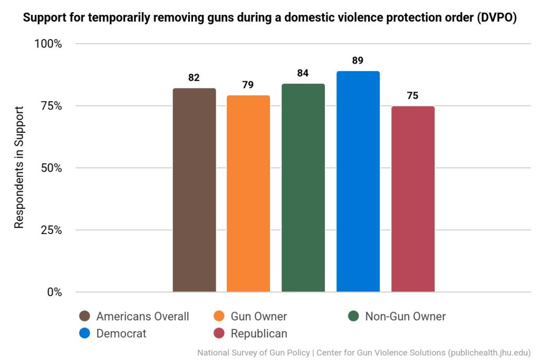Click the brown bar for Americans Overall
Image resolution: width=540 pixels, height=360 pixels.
click(x=194, y=190)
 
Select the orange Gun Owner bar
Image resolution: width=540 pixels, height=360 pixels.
click(x=248, y=193)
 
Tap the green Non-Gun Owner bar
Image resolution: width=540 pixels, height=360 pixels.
click(x=303, y=188)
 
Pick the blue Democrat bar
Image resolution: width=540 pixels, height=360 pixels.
click(x=358, y=181)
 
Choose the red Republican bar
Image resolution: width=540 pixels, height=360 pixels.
click(x=413, y=199)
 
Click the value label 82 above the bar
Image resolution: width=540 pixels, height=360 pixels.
click(x=194, y=77)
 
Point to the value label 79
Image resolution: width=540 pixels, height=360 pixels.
click(x=248, y=85)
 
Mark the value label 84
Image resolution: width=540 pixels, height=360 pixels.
click(x=303, y=73)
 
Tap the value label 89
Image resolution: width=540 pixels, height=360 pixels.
click(x=358, y=61)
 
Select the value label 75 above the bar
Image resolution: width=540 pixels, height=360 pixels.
click(x=412, y=95)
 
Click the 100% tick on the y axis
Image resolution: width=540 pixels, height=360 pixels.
click(x=48, y=44)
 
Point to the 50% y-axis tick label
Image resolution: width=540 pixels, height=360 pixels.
click(x=51, y=168)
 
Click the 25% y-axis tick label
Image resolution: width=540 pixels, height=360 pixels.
click(x=51, y=230)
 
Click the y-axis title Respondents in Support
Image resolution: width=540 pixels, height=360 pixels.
click(x=19, y=168)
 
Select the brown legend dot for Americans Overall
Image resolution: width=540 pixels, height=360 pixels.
click(x=84, y=316)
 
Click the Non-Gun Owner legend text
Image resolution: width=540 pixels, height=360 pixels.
click(x=405, y=316)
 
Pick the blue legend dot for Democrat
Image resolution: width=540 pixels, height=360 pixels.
click(x=84, y=333)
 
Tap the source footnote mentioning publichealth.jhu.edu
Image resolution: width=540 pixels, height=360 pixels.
click(x=363, y=352)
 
